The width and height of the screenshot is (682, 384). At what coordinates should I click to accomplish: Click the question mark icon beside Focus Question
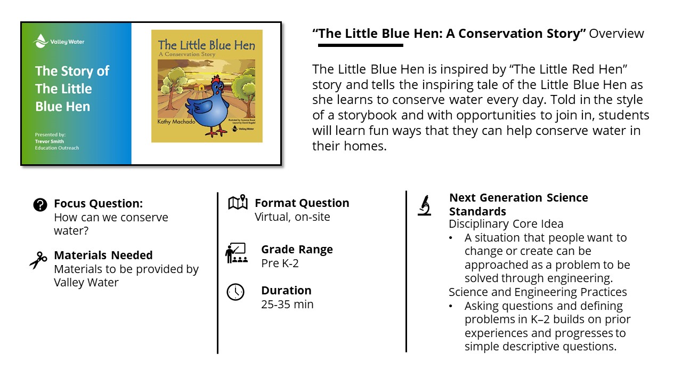tap(40, 204)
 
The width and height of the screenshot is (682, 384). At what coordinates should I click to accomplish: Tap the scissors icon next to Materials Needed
tap(38, 261)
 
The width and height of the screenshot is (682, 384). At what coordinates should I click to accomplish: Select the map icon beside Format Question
tap(238, 203)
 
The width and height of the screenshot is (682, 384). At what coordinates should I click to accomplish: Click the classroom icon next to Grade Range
tap(236, 253)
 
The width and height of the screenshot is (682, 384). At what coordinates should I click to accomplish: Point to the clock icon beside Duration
tap(236, 292)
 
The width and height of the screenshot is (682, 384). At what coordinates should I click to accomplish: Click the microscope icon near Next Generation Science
tap(425, 205)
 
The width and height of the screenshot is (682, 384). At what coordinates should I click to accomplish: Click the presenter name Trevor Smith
tap(49, 141)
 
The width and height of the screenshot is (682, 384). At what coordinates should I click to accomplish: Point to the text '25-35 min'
tap(287, 305)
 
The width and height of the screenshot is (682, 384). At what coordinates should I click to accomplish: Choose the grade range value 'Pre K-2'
tap(280, 263)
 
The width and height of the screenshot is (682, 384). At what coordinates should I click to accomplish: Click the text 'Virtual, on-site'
tap(292, 217)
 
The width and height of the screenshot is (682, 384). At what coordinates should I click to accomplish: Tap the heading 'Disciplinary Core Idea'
tap(506, 224)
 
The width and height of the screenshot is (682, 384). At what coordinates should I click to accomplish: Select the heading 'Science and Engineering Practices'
tap(538, 292)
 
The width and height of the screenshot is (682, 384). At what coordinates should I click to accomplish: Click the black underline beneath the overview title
tap(360, 45)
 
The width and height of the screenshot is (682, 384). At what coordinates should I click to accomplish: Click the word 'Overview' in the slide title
tap(616, 34)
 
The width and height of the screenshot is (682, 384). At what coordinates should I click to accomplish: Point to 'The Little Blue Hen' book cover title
tap(207, 45)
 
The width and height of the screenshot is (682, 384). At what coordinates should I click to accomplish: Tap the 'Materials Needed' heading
tap(103, 255)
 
